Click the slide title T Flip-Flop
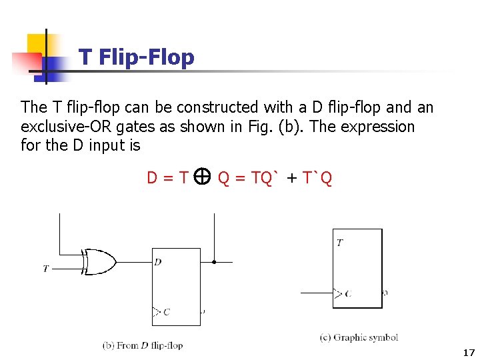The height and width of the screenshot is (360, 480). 136,57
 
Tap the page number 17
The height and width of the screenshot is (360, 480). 468,352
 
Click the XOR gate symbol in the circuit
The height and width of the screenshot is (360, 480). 99,262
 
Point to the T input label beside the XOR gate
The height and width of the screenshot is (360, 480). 45,269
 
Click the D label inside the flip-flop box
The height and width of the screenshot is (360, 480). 158,262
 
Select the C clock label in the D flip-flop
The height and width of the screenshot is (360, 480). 166,311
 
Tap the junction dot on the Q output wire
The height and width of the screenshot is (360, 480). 214,262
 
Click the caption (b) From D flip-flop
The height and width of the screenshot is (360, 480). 142,345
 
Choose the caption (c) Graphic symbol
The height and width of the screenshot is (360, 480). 359,337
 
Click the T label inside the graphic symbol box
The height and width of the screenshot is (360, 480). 340,243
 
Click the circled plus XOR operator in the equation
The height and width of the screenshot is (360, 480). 203,176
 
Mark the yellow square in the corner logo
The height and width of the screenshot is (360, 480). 37,44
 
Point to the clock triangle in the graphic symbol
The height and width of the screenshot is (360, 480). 338,293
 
